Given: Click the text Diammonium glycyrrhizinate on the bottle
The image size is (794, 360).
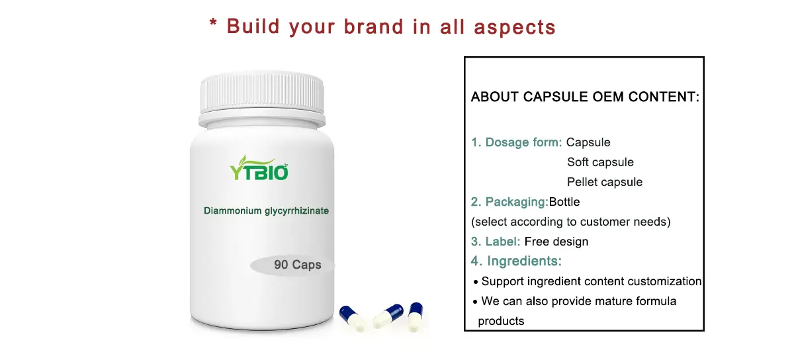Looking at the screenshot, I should pos(266,210).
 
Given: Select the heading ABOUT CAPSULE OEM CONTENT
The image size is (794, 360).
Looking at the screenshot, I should pos(585,97).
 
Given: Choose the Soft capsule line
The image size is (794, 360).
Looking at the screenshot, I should pos(600,162).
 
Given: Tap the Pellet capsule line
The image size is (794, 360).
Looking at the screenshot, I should pos(605,182).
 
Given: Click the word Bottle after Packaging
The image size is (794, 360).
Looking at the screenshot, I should pos(564,202).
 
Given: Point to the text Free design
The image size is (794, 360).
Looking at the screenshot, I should pos(556,242).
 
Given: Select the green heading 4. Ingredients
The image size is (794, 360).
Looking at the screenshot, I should pos(516,261).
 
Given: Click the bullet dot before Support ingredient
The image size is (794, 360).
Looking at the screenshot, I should pos(475,282).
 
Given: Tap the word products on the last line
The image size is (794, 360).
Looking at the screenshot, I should pos(501,321).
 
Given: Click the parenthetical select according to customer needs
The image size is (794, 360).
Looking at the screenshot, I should pos(570,222).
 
